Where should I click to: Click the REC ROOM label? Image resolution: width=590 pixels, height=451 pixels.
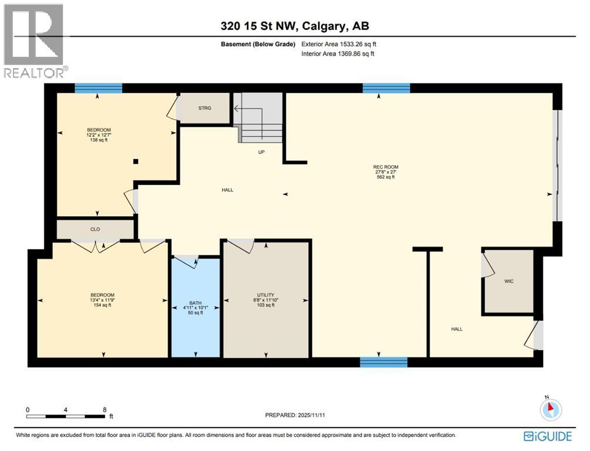(x=386, y=167)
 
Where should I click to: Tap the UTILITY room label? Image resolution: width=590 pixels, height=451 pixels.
(x=265, y=295)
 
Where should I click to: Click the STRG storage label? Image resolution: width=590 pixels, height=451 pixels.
(x=204, y=108)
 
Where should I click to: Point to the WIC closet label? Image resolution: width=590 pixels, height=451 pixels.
(x=509, y=281)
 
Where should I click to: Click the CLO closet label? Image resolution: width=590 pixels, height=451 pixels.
(x=95, y=230)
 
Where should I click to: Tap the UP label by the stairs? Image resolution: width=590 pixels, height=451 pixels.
(x=262, y=152)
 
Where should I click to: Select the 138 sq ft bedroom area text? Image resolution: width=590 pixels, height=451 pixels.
(x=99, y=140)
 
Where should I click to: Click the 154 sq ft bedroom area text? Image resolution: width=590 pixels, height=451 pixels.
(x=102, y=305)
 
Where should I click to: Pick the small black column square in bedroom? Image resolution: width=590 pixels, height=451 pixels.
(x=136, y=161)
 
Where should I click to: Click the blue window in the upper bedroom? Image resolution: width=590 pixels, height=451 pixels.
(x=98, y=88)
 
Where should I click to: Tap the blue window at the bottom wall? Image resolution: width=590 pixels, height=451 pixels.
(x=383, y=362)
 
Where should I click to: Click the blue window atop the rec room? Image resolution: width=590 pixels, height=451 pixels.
(x=386, y=88)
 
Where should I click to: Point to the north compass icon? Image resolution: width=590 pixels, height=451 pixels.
(x=551, y=409)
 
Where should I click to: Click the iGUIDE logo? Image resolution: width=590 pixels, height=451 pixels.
(x=548, y=436)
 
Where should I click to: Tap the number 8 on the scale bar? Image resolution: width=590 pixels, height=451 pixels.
(x=104, y=409)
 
